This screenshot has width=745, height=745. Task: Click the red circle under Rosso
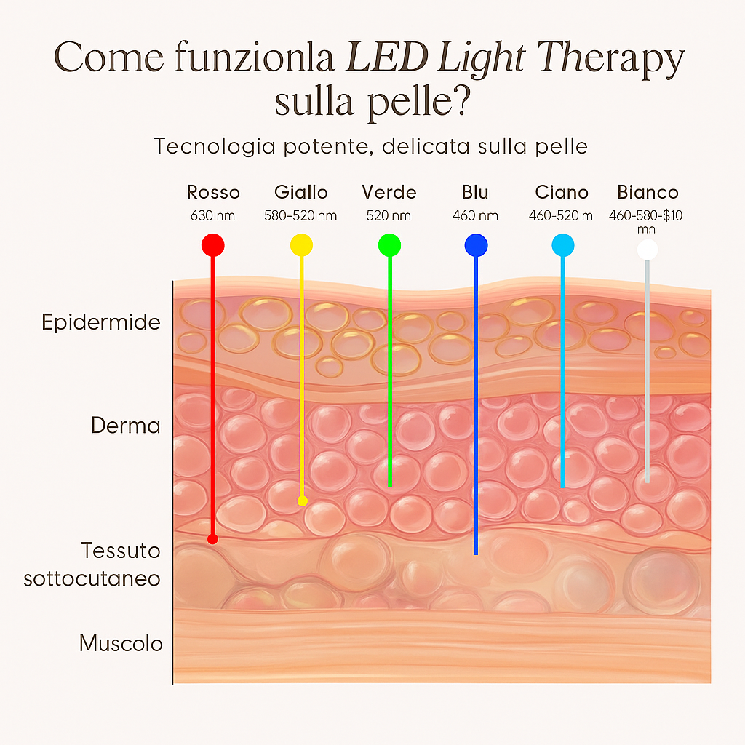point(212,244)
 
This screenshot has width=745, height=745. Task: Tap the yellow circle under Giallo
point(301,245)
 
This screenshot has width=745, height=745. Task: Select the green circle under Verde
point(389,245)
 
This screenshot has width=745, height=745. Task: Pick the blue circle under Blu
point(476,245)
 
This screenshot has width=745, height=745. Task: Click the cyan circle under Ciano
point(562,246)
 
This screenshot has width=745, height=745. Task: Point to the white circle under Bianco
point(648,250)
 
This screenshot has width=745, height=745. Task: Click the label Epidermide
point(101,322)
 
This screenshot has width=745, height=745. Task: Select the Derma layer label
point(126,425)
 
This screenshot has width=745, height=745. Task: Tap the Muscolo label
point(121,643)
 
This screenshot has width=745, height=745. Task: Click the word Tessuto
point(121,550)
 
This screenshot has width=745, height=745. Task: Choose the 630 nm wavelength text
point(213,215)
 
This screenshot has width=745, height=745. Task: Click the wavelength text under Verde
point(389,215)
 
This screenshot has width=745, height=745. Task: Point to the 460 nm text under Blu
point(475,215)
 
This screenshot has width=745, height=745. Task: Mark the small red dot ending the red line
point(212,539)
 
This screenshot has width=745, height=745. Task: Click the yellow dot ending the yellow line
point(303,501)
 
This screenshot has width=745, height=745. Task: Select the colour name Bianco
point(648,192)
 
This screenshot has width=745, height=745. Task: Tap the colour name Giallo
point(301,192)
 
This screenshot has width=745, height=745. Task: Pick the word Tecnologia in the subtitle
point(215,146)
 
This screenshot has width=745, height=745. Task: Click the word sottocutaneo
point(92,579)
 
